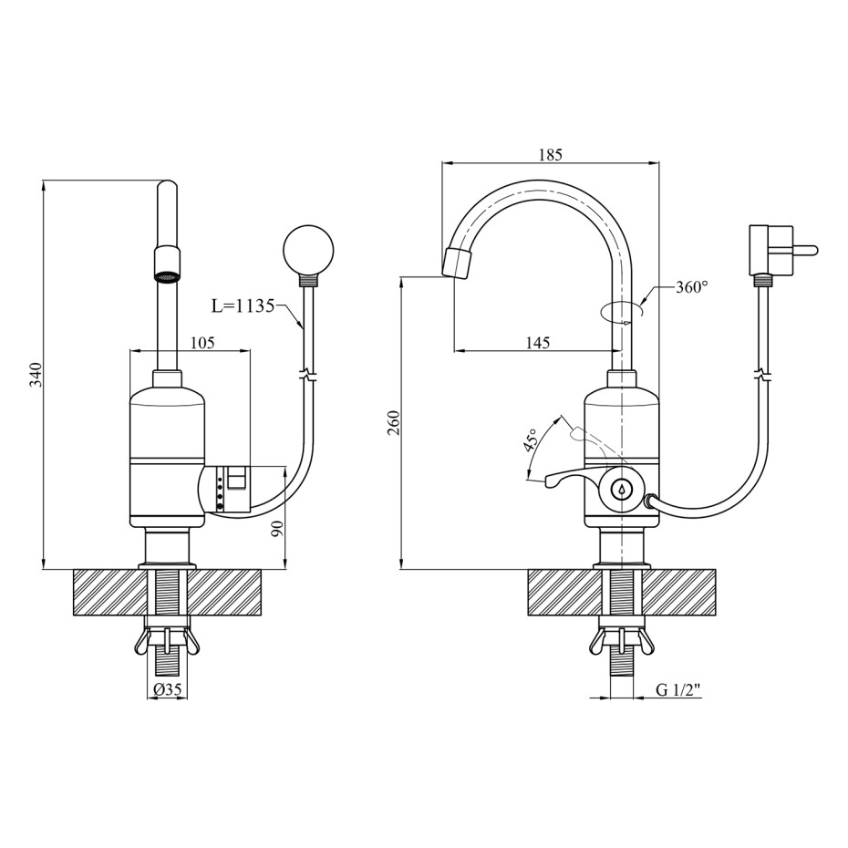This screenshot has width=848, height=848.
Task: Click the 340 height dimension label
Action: point(36,374)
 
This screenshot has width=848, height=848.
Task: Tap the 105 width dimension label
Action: point(202,342)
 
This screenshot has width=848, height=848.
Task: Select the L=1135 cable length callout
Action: point(243,306)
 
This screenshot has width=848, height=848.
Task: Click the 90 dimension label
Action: point(277,528)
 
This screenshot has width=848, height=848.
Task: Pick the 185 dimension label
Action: point(551,155)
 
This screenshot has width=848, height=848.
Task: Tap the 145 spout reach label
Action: point(537,342)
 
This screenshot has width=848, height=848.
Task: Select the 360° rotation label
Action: point(692,286)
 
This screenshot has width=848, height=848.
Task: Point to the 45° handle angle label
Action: point(531,440)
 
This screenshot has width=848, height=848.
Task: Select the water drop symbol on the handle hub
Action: point(622,490)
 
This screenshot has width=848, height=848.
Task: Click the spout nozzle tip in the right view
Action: point(457,264)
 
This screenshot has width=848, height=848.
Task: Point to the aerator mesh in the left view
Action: point(167,276)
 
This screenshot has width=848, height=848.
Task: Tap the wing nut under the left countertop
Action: point(167,641)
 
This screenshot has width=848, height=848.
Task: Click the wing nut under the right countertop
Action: point(621,641)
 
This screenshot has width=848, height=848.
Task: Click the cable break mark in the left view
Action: point(307,373)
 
